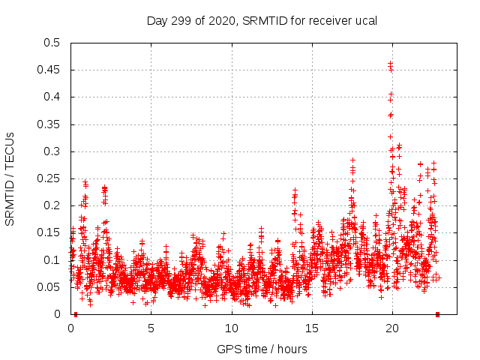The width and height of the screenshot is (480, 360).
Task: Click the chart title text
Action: point(261,20)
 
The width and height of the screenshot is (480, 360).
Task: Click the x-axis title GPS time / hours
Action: point(262,349)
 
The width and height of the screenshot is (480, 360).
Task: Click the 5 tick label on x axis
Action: point(151,328)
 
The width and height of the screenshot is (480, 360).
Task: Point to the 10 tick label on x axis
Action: point(232,328)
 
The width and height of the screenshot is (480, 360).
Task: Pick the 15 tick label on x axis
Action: point(312,328)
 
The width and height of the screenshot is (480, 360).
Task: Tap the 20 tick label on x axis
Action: point(392,328)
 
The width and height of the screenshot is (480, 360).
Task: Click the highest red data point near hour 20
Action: point(390,63)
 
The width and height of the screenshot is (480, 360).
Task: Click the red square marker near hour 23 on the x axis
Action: point(438,314)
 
